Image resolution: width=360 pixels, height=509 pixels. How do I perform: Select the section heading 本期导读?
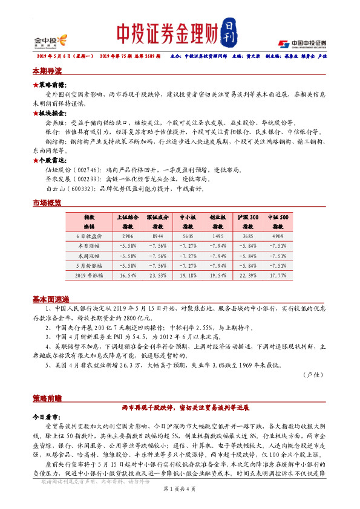pos(47,71)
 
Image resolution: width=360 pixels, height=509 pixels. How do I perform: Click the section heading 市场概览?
pos(47,203)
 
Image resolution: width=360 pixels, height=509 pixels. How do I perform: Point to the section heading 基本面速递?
pos(50,299)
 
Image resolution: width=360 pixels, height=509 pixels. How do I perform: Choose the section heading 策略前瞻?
pos(47,398)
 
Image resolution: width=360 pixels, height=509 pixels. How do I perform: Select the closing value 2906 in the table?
pos(127,236)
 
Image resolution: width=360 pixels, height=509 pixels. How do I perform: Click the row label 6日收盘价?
pos(91,236)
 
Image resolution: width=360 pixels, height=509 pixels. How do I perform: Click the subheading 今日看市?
pos(46,417)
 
